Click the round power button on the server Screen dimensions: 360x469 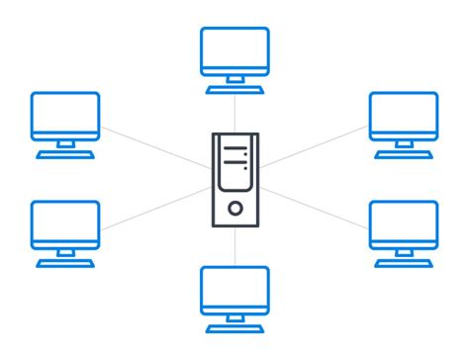point(234,208)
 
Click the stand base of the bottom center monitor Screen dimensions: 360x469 point(234,325)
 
